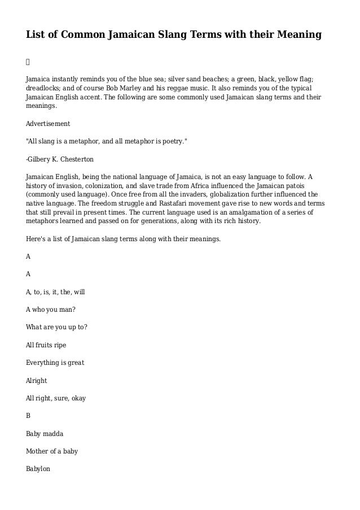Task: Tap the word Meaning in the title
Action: click(295, 36)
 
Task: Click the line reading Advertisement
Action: click(49, 123)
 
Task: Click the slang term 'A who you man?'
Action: click(51, 310)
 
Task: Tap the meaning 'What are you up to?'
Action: click(56, 327)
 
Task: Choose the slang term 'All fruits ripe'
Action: click(50, 345)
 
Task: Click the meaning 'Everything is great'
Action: click(55, 362)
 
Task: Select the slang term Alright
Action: click(37, 380)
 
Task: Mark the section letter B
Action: click(28, 416)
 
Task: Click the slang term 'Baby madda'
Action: click(45, 433)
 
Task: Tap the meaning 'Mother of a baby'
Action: click(52, 451)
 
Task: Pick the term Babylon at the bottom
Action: click(38, 469)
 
